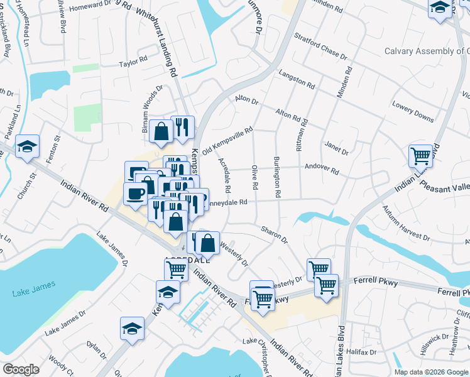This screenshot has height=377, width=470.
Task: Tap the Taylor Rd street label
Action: pyautogui.click(x=133, y=63)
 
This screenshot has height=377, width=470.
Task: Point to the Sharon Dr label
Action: pyautogui.click(x=274, y=235)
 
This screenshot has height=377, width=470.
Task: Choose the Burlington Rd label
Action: pyautogui.click(x=276, y=178)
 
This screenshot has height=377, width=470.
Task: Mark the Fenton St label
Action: pyautogui.click(x=57, y=147)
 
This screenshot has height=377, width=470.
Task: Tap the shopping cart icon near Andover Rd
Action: pyautogui.click(x=420, y=154)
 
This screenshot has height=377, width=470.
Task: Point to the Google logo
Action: pyautogui.click(x=21, y=369)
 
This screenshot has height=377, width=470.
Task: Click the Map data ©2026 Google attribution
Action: pyautogui.click(x=431, y=372)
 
